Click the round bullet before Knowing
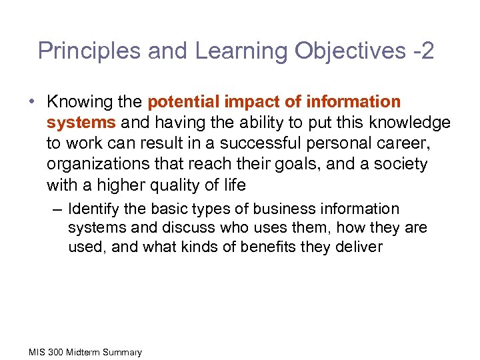tap(32, 102)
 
